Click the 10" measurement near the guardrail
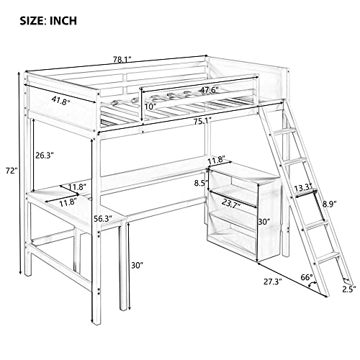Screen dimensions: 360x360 click(x=150, y=107)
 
